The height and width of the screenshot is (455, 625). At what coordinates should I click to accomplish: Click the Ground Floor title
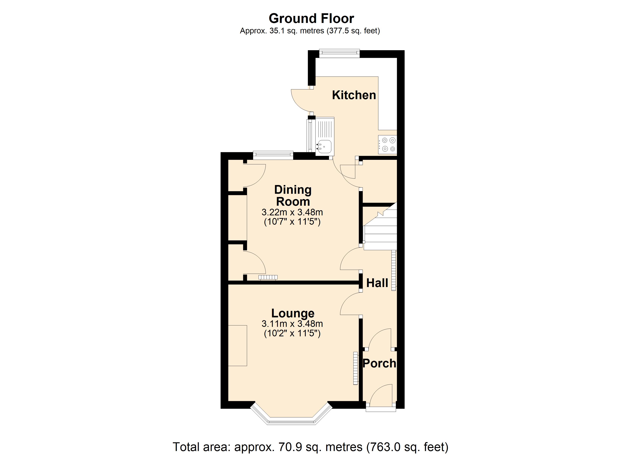coord(311,19)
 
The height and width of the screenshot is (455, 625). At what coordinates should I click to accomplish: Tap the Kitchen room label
coord(354,95)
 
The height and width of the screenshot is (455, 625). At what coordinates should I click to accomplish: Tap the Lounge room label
coord(293,313)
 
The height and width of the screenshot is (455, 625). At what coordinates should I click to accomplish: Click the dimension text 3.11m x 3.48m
coord(292,323)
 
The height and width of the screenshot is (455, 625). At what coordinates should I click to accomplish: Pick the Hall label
coord(377,283)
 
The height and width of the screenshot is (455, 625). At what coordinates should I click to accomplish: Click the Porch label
coord(379,363)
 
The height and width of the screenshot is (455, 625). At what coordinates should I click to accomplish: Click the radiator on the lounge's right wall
coord(355,368)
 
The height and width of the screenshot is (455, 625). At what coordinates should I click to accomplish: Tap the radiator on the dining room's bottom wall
coord(268,277)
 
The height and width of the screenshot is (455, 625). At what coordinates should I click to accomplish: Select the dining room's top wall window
coord(273,155)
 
